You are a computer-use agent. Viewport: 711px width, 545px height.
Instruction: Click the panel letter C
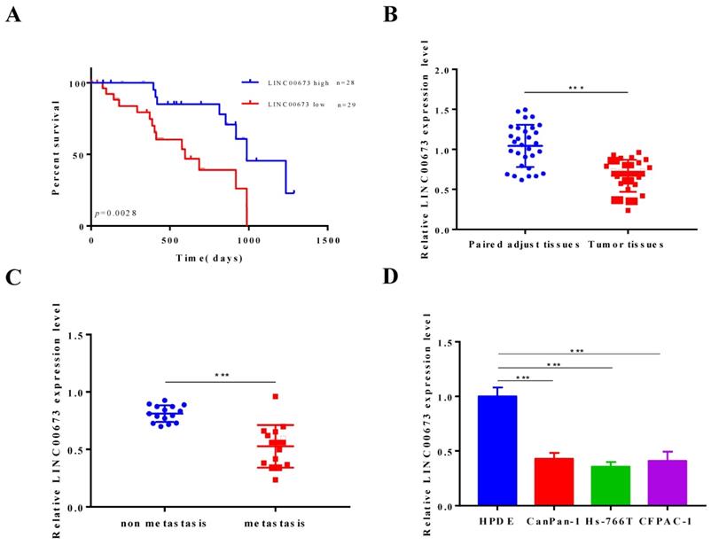(12, 276)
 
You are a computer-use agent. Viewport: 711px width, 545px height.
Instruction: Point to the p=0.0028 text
(117, 214)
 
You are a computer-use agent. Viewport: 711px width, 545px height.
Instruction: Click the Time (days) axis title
(208, 258)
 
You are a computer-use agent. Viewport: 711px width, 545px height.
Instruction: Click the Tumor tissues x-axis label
(626, 244)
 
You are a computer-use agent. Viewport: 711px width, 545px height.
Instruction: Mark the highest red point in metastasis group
(276, 396)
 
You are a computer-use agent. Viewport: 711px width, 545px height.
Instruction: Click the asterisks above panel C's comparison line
(222, 376)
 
